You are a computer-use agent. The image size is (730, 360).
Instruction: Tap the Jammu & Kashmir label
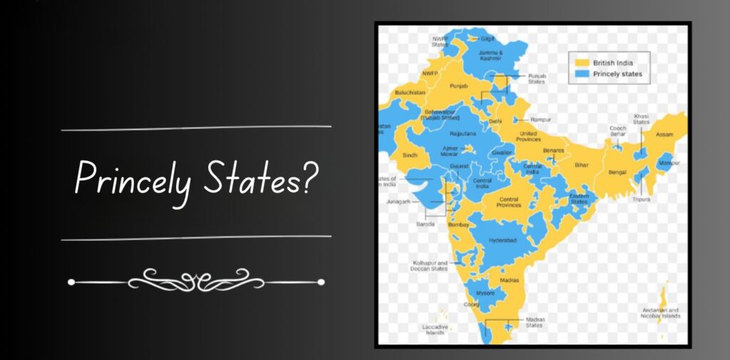click(491, 55)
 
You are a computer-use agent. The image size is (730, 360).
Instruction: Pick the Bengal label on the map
click(617, 172)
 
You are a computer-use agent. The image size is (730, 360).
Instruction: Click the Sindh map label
click(409, 154)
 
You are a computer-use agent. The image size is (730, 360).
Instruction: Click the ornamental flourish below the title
click(196, 282)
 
